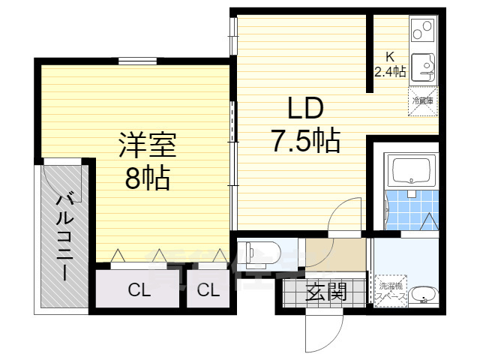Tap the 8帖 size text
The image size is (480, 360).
(147, 178)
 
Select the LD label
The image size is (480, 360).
(305, 109)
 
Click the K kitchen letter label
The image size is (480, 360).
(389, 56)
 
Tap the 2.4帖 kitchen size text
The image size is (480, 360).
(390, 72)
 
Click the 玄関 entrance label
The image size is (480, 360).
(327, 292)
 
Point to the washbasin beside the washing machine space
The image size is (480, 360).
(424, 296)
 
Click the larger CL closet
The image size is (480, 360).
(137, 289)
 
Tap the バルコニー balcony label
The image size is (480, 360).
(65, 236)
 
